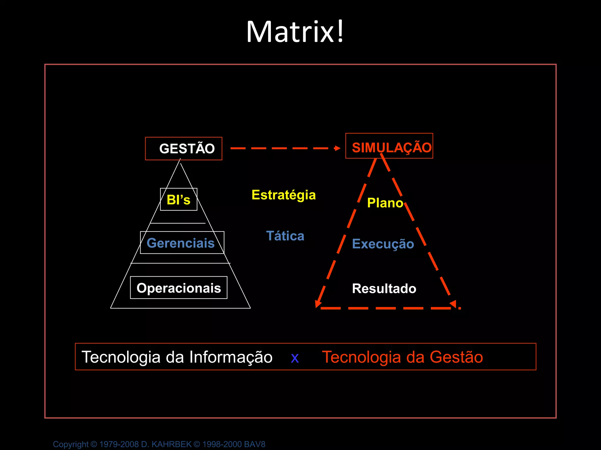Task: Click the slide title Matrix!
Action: (295, 32)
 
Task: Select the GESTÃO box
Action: (184, 149)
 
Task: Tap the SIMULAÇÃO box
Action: (389, 146)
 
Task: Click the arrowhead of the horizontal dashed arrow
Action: (337, 148)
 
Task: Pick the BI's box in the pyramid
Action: (178, 200)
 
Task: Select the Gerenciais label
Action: (181, 243)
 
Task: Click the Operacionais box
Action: (179, 288)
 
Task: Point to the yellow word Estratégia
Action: (283, 195)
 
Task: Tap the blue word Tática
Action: (285, 236)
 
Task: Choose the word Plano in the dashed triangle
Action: (385, 203)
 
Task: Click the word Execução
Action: (383, 244)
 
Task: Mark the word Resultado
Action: (384, 289)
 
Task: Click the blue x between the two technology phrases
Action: (295, 358)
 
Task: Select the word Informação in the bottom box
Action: (231, 357)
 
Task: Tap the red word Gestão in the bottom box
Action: (456, 357)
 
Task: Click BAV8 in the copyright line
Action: (254, 444)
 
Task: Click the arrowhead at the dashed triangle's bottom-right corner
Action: (453, 304)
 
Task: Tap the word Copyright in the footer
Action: (71, 444)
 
